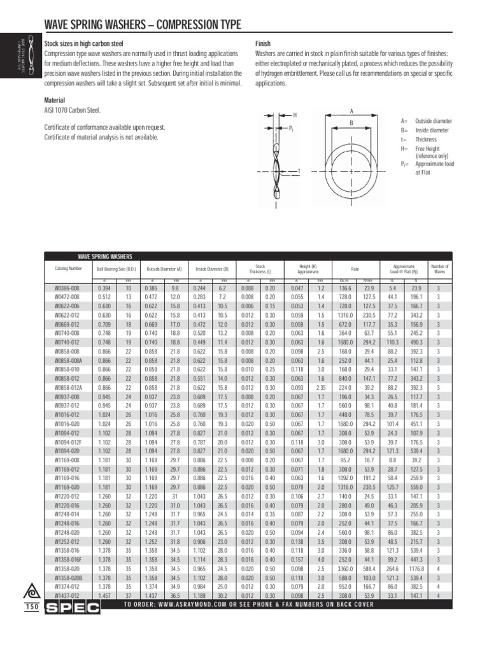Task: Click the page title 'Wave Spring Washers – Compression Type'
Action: coord(142,25)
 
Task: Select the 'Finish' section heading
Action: coord(264,43)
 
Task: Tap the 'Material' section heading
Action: coord(54,101)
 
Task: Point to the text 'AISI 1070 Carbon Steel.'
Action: coord(72,111)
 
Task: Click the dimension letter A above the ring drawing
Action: coord(351,111)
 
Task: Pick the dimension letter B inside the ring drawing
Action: coord(351,123)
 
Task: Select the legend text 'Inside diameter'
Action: coord(432,130)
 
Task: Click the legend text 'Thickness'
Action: coord(427,139)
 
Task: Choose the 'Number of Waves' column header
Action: coord(439,269)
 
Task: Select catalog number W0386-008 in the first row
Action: coord(67,288)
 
